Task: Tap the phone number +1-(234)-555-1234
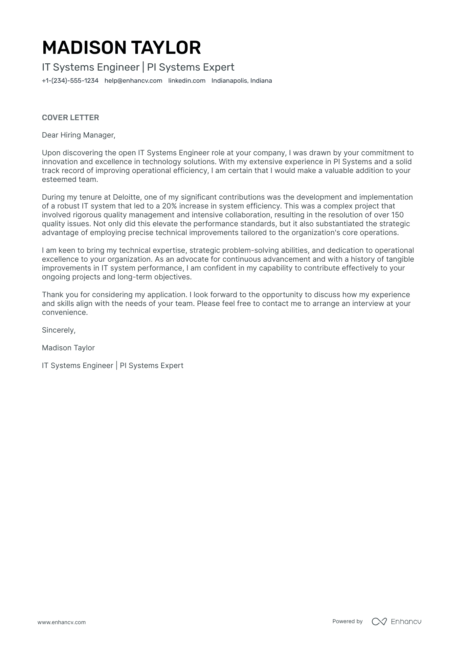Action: click(x=70, y=81)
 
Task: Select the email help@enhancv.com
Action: click(x=133, y=81)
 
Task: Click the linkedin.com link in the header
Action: click(x=187, y=81)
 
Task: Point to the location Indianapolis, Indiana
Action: click(x=241, y=81)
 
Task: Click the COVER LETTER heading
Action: click(x=70, y=118)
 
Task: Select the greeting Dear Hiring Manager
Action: click(x=78, y=135)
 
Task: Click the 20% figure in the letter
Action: click(x=169, y=206)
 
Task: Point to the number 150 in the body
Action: click(x=397, y=215)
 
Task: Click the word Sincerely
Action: click(x=58, y=330)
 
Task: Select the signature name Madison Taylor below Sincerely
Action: click(x=68, y=348)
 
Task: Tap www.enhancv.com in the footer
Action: click(x=61, y=622)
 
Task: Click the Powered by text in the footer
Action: click(x=347, y=621)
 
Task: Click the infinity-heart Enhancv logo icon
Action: click(x=379, y=622)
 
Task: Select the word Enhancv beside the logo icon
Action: click(x=406, y=622)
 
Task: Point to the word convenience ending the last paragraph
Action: click(x=64, y=313)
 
